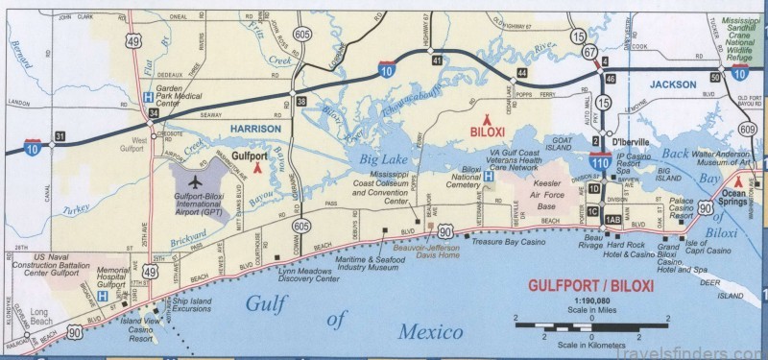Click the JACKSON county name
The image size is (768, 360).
coord(671,84)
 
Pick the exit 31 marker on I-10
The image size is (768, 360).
coord(59,136)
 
